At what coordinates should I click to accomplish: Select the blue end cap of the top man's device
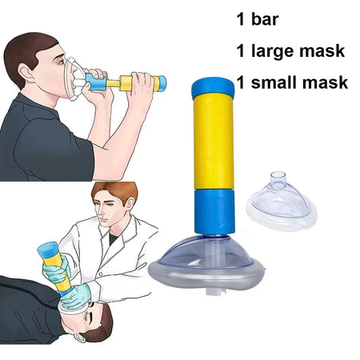tap(161, 83)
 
